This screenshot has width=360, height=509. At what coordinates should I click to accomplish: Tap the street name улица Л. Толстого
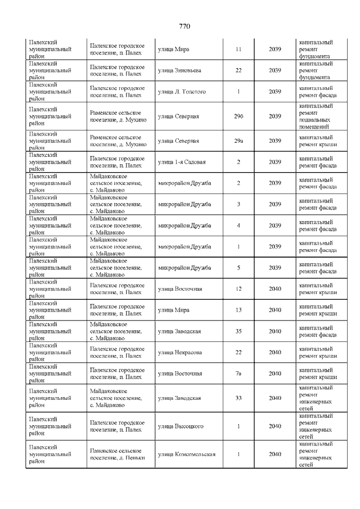click(x=182, y=92)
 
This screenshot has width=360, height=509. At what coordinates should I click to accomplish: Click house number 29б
click(x=238, y=116)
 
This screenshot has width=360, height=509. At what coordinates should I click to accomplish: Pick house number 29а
click(x=238, y=141)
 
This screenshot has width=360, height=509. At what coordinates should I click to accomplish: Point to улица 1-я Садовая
click(x=182, y=162)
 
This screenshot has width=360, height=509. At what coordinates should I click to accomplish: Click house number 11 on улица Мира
click(x=238, y=49)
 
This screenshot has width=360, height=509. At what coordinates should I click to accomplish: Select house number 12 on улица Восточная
click(x=238, y=289)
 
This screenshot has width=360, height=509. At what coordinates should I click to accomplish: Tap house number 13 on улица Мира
click(x=238, y=310)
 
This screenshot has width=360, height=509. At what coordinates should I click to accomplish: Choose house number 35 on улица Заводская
click(x=238, y=331)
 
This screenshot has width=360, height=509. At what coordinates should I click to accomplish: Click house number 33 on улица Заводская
click(x=238, y=398)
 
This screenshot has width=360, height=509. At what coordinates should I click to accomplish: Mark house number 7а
click(x=238, y=373)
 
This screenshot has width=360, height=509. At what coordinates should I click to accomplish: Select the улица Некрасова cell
click(x=180, y=353)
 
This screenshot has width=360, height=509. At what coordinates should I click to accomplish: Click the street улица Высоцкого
click(x=181, y=426)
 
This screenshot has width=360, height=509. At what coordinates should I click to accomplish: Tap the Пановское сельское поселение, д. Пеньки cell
click(x=118, y=454)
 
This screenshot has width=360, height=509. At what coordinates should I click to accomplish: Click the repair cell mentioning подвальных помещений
click(x=318, y=116)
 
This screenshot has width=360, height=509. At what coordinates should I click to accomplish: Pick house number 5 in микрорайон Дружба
click(x=238, y=268)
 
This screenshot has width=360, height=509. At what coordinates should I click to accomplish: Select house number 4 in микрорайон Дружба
click(x=238, y=226)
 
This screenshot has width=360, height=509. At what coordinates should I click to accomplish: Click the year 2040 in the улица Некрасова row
click(x=275, y=353)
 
